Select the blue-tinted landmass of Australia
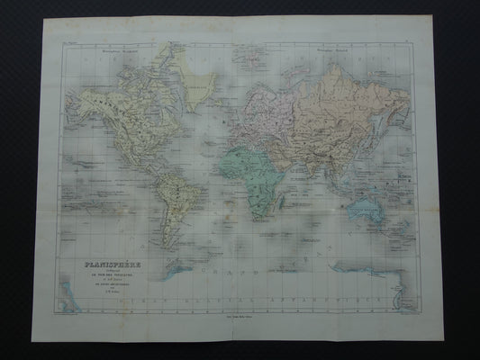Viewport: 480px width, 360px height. coord(368,210)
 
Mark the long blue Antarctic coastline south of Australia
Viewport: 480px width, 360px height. coord(368,269)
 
